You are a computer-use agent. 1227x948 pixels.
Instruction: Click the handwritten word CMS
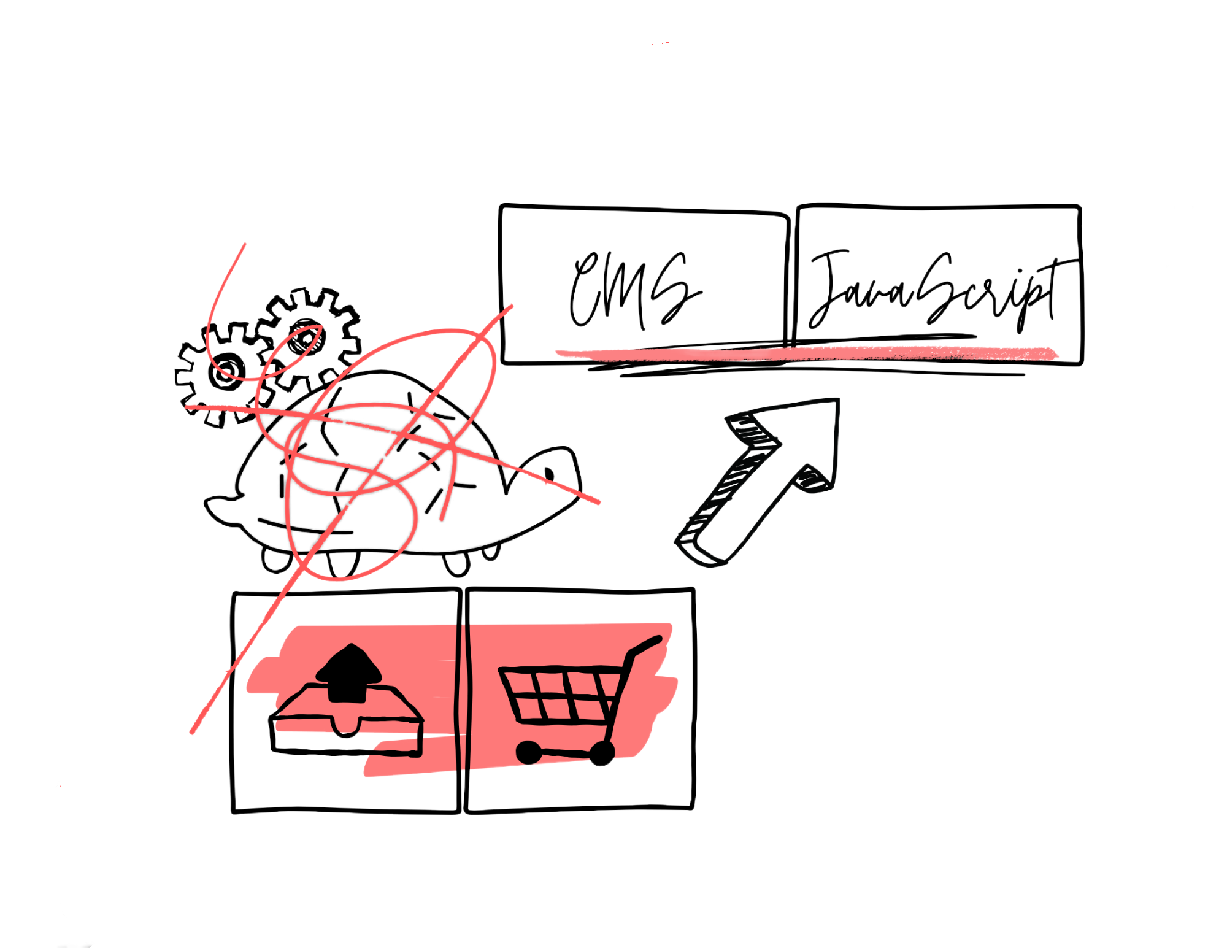(635, 288)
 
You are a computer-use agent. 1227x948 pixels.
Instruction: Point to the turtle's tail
(215, 506)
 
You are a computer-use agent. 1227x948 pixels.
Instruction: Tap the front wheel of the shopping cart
(528, 752)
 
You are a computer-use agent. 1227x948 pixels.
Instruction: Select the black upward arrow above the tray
(348, 672)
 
